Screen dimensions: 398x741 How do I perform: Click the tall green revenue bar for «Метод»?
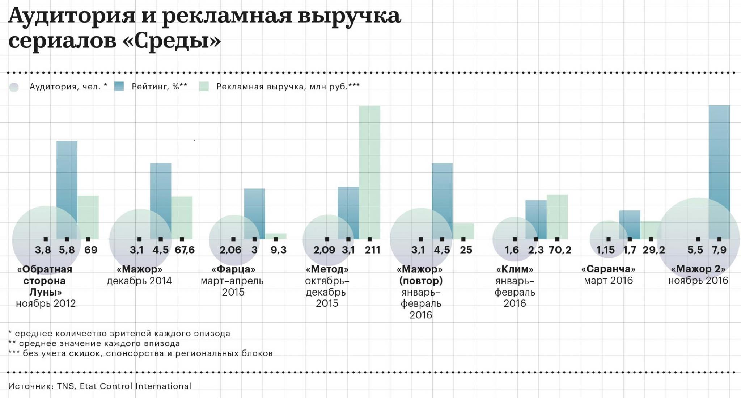pyautogui.click(x=369, y=170)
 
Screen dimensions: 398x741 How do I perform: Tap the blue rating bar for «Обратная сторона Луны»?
pyautogui.click(x=67, y=181)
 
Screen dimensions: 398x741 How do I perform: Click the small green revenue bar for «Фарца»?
pyautogui.click(x=276, y=236)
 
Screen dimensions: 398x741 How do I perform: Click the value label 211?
pyautogui.click(x=372, y=250)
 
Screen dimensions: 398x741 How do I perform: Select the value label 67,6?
pyautogui.click(x=185, y=250)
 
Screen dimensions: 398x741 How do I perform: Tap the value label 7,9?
pyautogui.click(x=719, y=250)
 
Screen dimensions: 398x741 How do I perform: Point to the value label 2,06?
pyautogui.click(x=230, y=250)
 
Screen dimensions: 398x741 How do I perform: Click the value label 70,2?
pyautogui.click(x=560, y=250)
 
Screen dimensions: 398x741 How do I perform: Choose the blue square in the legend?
pyautogui.click(x=119, y=86)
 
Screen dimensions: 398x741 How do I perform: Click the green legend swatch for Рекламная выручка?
pyautogui.click(x=204, y=87)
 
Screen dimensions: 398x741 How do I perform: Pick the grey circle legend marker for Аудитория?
pyautogui.click(x=14, y=87)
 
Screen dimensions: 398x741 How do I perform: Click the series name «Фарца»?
pyautogui.click(x=233, y=269)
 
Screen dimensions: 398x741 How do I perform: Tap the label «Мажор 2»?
pyautogui.click(x=698, y=269)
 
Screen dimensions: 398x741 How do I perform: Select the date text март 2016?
pyautogui.click(x=608, y=281)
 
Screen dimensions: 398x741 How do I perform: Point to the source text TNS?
pyautogui.click(x=66, y=386)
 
